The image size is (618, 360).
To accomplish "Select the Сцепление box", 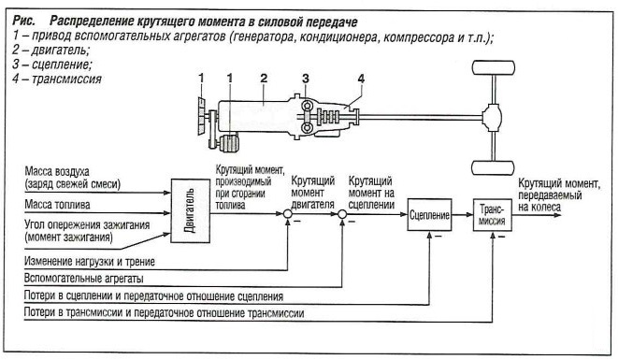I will [429, 216].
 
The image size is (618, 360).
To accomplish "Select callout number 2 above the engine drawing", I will [265, 77].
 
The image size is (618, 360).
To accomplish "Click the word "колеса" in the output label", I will [547, 211].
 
